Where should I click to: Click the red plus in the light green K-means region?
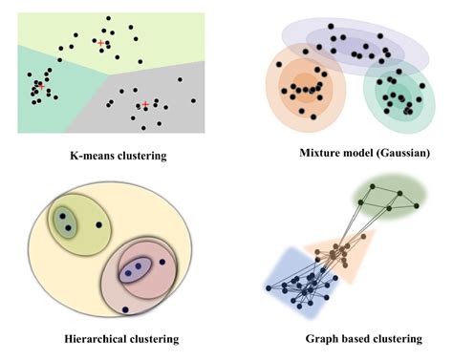click(x=101, y=43)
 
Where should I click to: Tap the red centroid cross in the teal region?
click(x=40, y=86)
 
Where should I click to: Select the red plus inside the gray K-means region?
click(x=145, y=104)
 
